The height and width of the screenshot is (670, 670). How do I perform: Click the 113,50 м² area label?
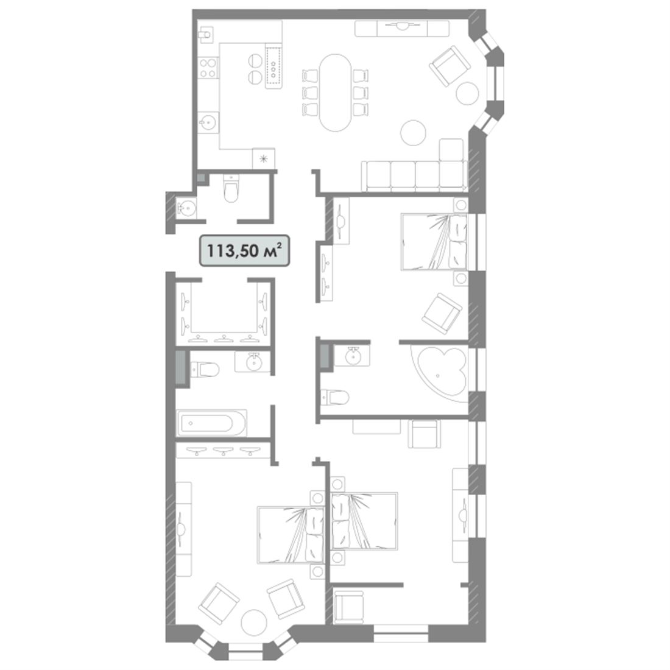244,251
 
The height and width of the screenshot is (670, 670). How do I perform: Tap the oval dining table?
336,93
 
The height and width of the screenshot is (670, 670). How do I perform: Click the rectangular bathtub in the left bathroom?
212,423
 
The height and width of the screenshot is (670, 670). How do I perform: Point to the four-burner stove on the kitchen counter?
208,68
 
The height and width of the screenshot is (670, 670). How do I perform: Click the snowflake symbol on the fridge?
263,158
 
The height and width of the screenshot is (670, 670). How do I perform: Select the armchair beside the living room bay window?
450,66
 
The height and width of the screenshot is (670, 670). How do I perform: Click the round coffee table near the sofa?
413,132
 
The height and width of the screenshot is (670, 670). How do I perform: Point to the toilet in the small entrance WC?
231,189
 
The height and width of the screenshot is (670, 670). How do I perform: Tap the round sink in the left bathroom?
253,362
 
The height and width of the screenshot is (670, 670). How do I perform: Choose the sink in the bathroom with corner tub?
353,356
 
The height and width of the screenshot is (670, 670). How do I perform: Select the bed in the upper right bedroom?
434,242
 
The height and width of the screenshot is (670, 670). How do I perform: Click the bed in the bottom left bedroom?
291,535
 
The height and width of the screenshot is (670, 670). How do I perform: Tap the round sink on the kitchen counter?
208,123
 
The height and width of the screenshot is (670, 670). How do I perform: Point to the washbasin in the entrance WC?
186,208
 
